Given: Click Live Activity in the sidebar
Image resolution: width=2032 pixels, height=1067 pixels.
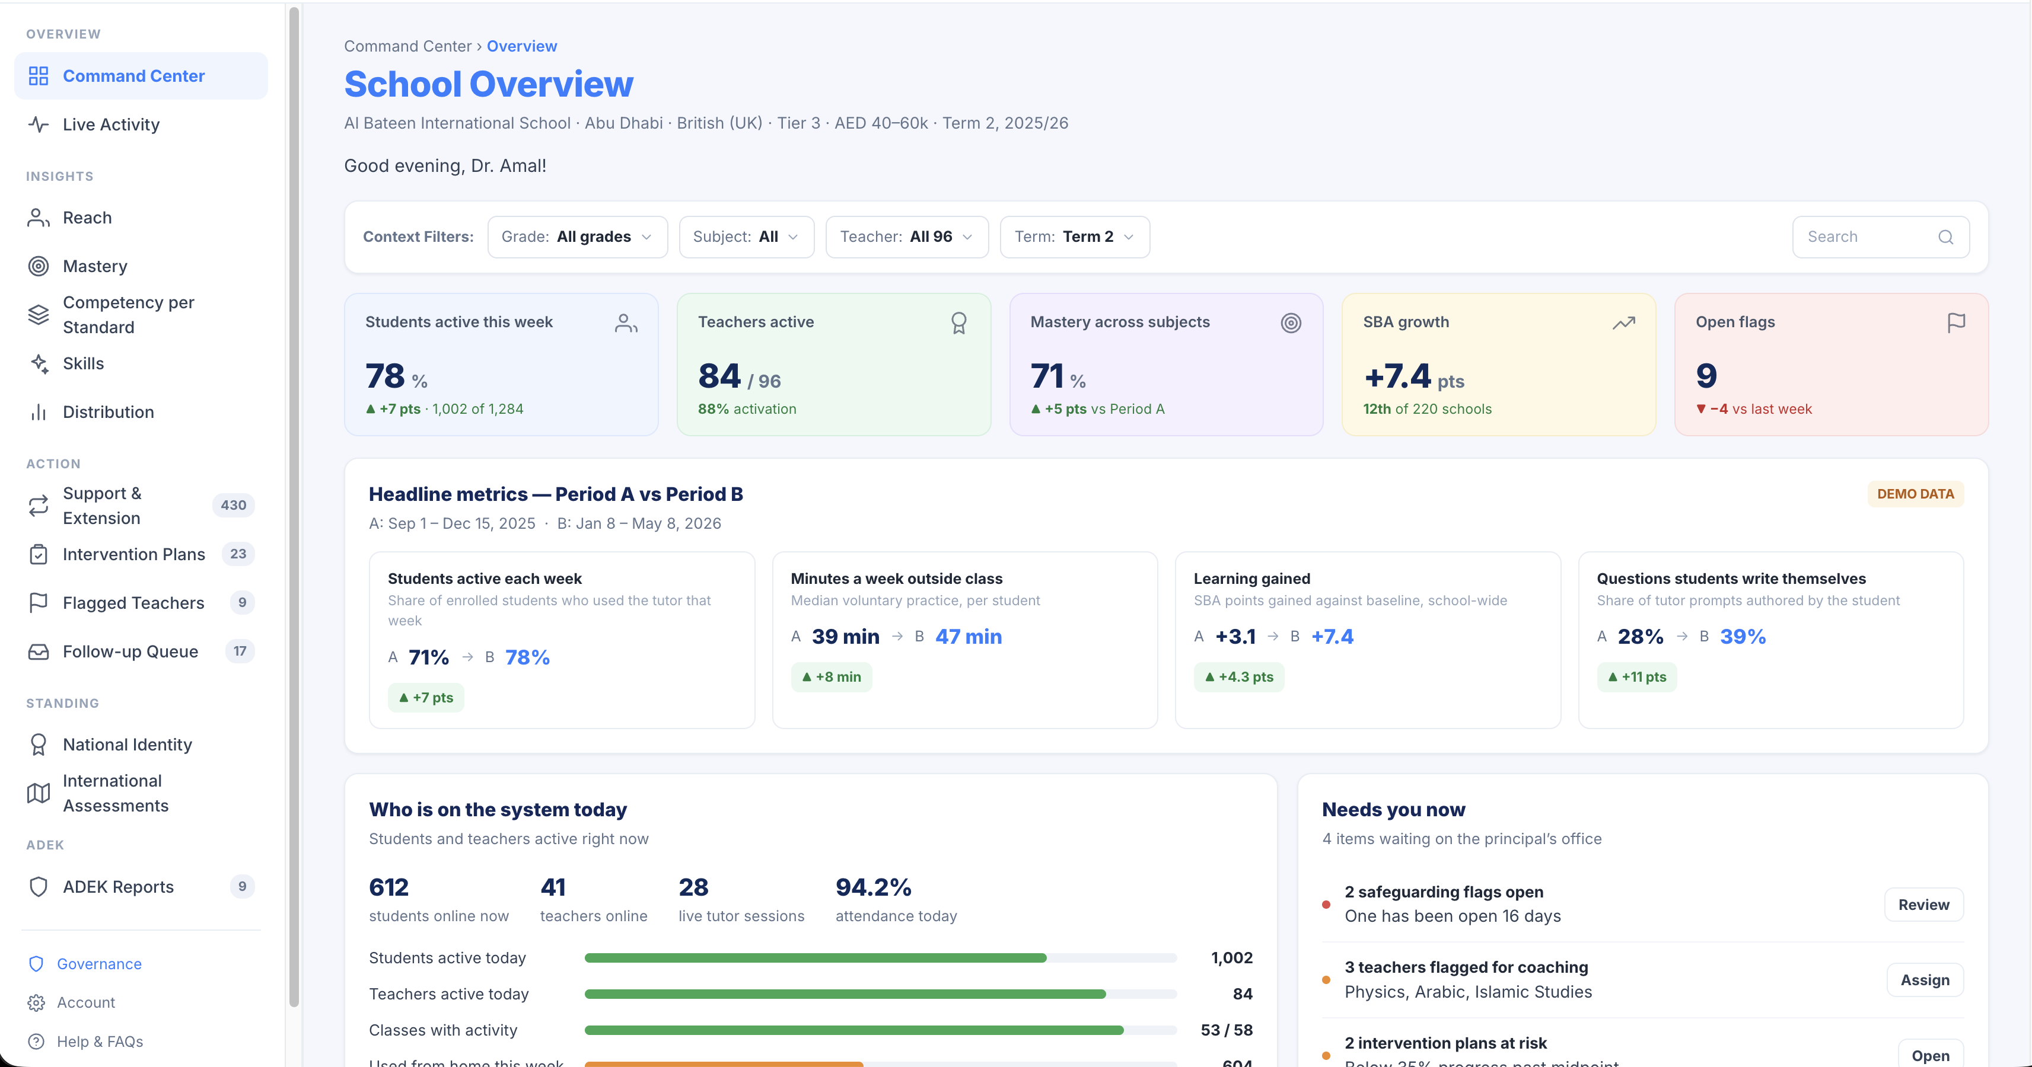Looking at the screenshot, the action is (110, 124).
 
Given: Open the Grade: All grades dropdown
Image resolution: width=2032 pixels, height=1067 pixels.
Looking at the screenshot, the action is (578, 237).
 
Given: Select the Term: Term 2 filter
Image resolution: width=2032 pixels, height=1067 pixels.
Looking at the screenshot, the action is (1074, 237).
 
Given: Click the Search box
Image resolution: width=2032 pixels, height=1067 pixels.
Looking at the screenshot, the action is (1881, 237).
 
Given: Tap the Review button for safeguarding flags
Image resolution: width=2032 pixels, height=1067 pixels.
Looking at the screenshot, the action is (1923, 905).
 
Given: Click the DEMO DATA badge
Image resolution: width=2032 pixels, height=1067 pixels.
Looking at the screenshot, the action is (1915, 494).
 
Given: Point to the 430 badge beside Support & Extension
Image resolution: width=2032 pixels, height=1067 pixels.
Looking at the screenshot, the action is (234, 504).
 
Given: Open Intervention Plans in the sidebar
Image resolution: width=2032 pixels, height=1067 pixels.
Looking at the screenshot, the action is (133, 554).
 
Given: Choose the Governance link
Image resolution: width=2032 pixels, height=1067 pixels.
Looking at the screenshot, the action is (98, 964).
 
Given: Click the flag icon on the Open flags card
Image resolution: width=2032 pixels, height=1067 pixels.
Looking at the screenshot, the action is (1955, 322).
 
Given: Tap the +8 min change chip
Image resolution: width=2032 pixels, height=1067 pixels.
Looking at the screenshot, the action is (832, 676).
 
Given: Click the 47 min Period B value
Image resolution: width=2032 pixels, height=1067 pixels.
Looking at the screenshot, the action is (969, 637).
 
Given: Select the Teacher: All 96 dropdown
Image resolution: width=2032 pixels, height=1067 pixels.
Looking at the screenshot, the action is (906, 237).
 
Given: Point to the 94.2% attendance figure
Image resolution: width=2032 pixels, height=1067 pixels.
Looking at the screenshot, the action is (873, 887).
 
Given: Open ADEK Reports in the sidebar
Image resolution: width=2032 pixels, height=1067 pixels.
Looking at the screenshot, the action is (118, 886).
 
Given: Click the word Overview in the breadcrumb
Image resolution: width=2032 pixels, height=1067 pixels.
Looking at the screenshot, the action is (521, 46).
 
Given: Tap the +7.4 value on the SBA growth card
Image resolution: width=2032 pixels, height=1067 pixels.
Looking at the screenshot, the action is (1397, 376).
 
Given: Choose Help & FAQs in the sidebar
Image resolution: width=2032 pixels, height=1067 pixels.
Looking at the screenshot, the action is (100, 1041).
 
